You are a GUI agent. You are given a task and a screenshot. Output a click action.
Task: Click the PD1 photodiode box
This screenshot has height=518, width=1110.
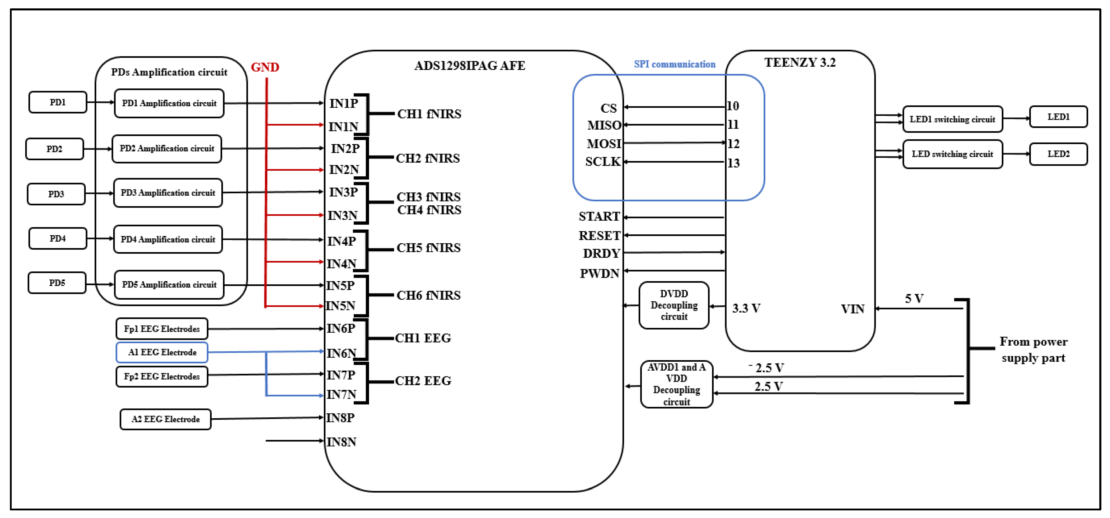(x=58, y=102)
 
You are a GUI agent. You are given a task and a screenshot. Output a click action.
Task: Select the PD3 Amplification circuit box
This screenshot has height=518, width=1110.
(x=168, y=193)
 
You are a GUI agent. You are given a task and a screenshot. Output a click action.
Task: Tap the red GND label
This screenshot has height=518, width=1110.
(x=265, y=67)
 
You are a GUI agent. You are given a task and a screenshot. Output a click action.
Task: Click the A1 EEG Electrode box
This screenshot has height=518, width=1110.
(x=162, y=352)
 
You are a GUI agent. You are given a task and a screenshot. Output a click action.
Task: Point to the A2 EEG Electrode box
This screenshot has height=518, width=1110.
(x=165, y=419)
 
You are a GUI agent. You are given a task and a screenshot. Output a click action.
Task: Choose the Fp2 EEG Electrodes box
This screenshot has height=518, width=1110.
(x=162, y=376)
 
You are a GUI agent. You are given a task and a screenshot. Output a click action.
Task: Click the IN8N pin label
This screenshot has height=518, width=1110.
(x=341, y=442)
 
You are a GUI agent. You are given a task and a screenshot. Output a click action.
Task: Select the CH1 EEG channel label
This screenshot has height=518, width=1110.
(x=423, y=338)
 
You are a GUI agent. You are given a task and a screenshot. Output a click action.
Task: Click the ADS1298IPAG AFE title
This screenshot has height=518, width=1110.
(x=470, y=66)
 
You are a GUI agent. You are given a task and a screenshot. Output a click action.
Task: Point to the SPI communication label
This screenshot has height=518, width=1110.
(x=675, y=64)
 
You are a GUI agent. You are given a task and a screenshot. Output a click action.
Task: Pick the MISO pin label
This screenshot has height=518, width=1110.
(x=604, y=125)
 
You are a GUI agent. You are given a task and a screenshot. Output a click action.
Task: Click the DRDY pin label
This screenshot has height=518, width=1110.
(x=601, y=254)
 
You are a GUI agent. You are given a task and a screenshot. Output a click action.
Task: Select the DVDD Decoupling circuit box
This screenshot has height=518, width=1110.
(x=674, y=305)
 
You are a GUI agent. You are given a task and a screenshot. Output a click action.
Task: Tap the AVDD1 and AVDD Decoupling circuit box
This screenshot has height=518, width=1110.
(x=676, y=384)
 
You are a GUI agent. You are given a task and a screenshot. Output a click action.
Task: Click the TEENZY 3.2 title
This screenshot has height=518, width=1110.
(x=800, y=63)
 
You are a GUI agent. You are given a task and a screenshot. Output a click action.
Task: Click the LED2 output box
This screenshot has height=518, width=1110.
(x=1059, y=154)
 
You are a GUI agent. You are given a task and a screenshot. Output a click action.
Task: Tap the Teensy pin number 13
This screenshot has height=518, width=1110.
(x=733, y=163)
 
